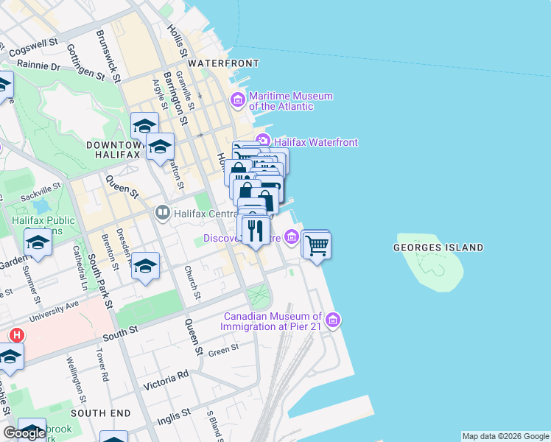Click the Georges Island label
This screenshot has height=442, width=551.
pyautogui.click(x=438, y=248)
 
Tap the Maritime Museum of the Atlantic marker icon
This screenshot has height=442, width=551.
pyautogui.click(x=238, y=99)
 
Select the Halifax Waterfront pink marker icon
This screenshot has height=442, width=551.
pyautogui.click(x=262, y=141)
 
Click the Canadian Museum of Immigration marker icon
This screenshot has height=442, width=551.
pyautogui.click(x=333, y=320)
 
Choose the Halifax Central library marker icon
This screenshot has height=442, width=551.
pyautogui.click(x=162, y=214)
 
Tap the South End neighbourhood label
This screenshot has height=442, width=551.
pyautogui.click(x=101, y=413)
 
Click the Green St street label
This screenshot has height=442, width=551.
pyautogui.click(x=223, y=349)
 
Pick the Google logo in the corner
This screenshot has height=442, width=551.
pyautogui.click(x=24, y=433)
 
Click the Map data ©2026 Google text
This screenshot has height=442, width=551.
pyautogui.click(x=505, y=436)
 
